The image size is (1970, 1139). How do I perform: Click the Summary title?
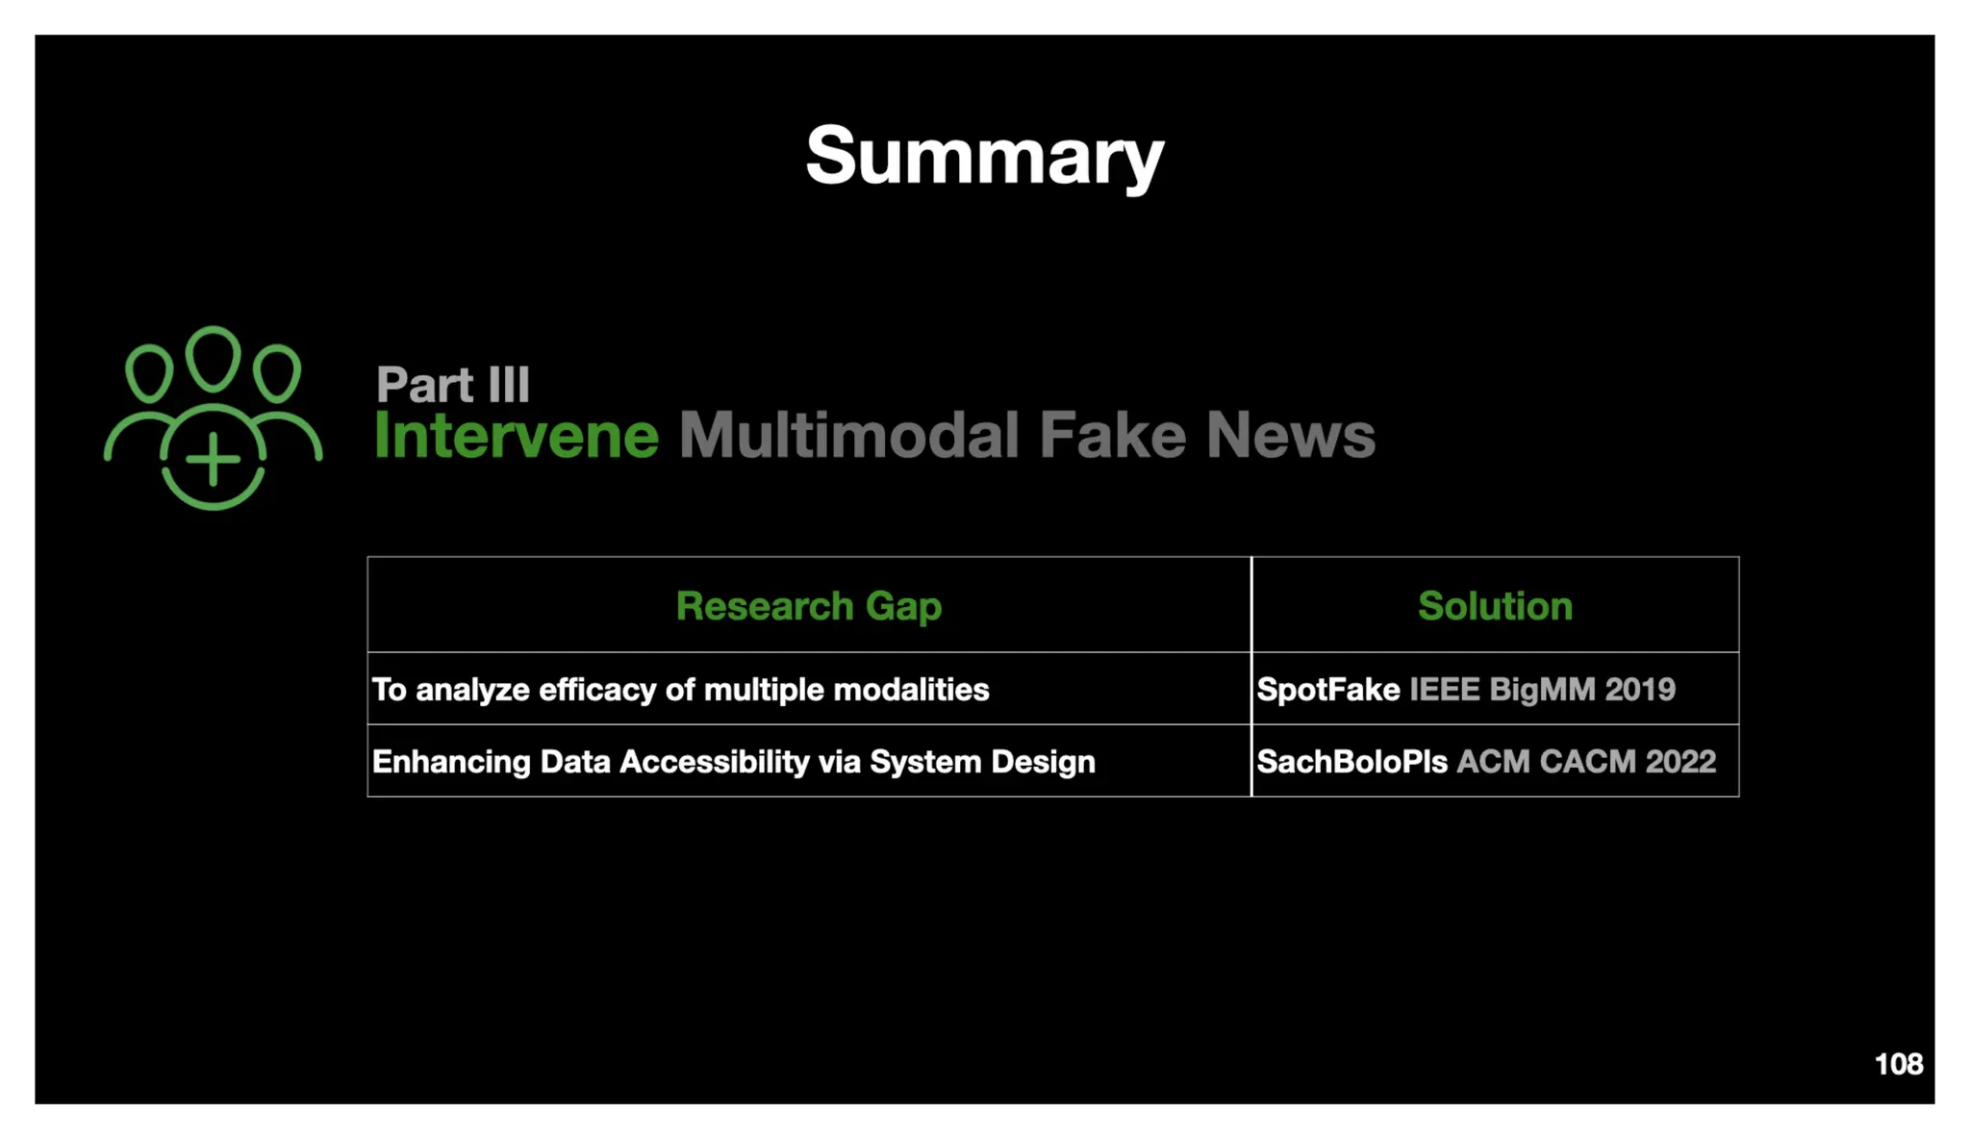coord(984,156)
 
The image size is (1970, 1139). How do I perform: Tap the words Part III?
coord(452,385)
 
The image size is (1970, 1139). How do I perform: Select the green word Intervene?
coord(517,435)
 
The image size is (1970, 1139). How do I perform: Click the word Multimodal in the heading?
coord(848,435)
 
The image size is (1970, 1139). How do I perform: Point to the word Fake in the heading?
coord(1112,435)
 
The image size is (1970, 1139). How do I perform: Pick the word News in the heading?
coord(1290,435)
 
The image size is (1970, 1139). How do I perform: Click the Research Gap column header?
coord(808,606)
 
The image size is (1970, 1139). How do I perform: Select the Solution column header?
coord(1495,606)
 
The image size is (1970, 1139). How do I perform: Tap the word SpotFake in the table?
coord(1328,690)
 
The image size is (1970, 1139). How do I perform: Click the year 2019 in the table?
coord(1640,690)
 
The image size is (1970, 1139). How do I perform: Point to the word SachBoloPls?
coord(1351,762)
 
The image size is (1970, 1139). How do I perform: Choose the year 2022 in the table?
coord(1680,762)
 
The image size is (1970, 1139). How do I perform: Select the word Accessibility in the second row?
coord(715,762)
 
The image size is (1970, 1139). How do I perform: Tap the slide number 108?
coord(1898,1064)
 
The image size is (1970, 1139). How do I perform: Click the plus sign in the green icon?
coord(213,459)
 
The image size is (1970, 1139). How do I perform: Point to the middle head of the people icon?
coord(213,358)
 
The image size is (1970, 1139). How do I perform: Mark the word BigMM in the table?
coord(1542,690)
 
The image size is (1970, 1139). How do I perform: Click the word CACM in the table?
coord(1587,762)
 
